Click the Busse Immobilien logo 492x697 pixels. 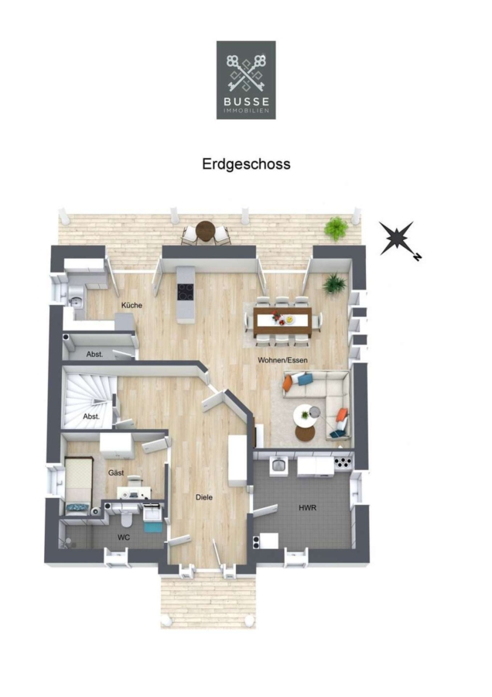[x=246, y=80]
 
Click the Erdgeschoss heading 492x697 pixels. [x=246, y=164]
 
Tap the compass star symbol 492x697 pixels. [x=397, y=238]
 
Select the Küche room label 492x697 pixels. [x=132, y=305]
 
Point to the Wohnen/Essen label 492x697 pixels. [x=282, y=360]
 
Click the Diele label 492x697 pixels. [x=204, y=497]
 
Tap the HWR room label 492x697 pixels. [x=308, y=507]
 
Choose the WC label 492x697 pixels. [x=124, y=538]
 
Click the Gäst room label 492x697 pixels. [x=116, y=473]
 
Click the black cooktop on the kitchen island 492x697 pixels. [x=186, y=292]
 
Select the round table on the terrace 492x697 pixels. [x=205, y=231]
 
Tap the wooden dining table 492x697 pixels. [x=282, y=321]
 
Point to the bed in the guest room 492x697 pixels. [x=78, y=486]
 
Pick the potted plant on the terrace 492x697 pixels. [x=337, y=229]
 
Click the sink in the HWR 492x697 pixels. [x=278, y=465]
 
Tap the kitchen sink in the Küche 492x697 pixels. [x=77, y=296]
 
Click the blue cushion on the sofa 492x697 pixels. [x=305, y=379]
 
